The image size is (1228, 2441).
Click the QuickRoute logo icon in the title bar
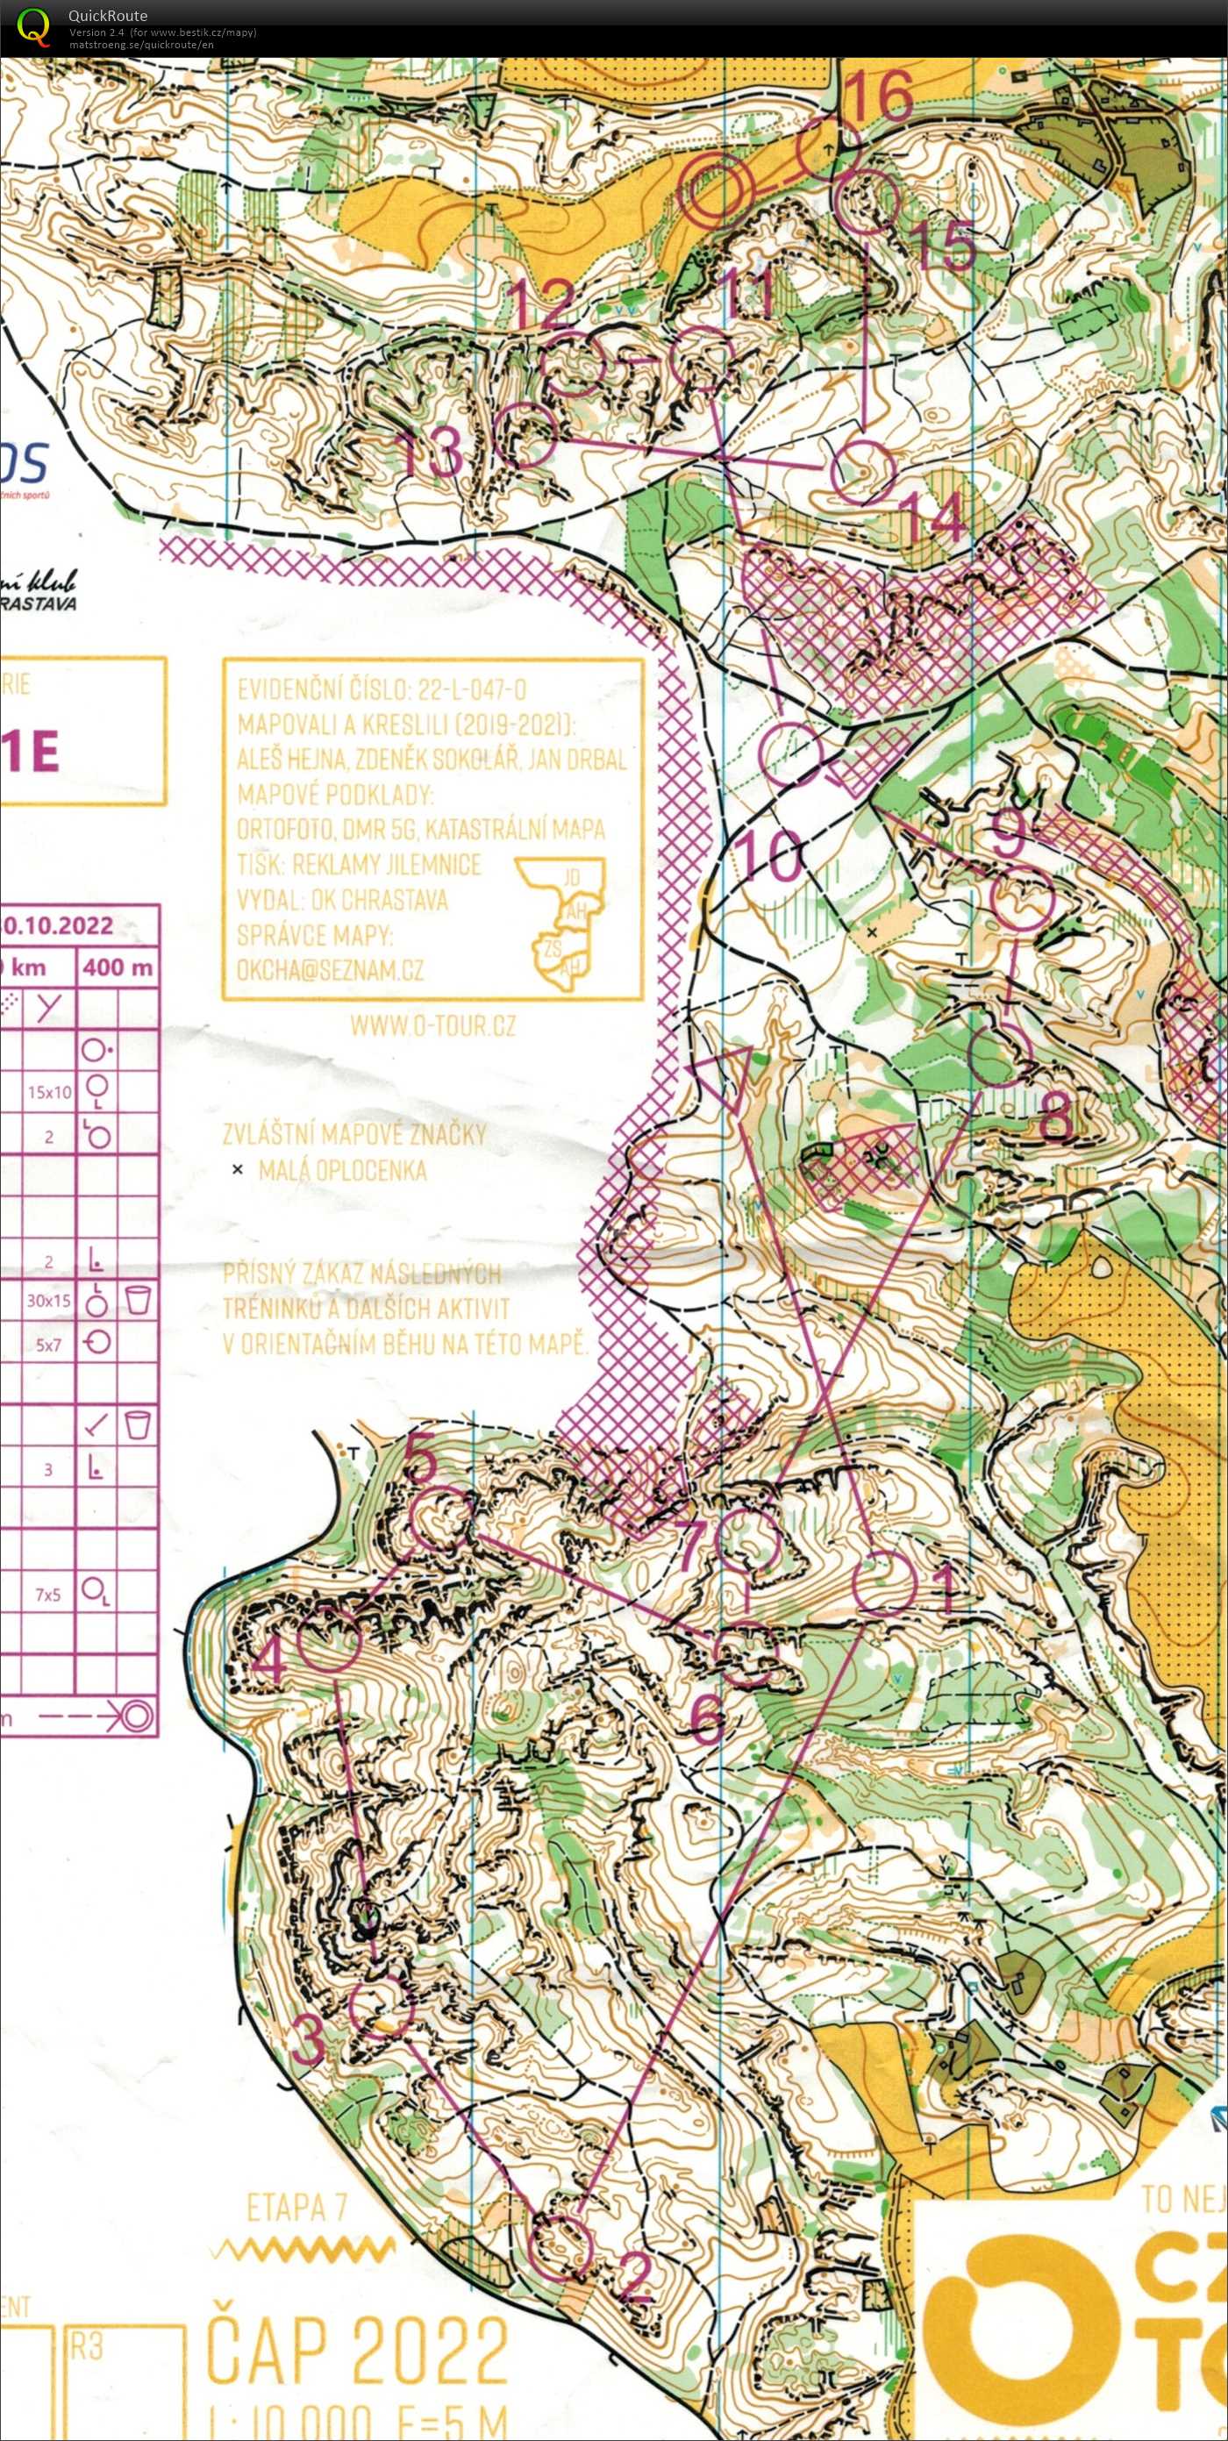[x=34, y=25]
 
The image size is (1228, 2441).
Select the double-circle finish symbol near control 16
[x=720, y=191]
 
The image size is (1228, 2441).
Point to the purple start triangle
[x=724, y=1075]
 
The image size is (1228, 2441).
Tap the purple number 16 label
[x=877, y=95]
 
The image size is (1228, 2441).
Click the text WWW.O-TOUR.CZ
[x=433, y=1025]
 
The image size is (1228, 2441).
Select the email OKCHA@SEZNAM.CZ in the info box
[x=330, y=970]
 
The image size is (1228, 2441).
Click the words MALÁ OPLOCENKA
[x=342, y=1170]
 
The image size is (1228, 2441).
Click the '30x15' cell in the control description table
[x=48, y=1301]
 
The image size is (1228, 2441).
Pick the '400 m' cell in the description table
[x=118, y=967]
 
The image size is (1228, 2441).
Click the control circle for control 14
[x=863, y=471]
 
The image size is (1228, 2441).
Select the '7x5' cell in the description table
[x=48, y=1595]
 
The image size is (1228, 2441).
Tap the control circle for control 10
[x=792, y=753]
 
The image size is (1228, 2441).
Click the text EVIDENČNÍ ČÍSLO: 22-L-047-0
[x=382, y=689]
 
